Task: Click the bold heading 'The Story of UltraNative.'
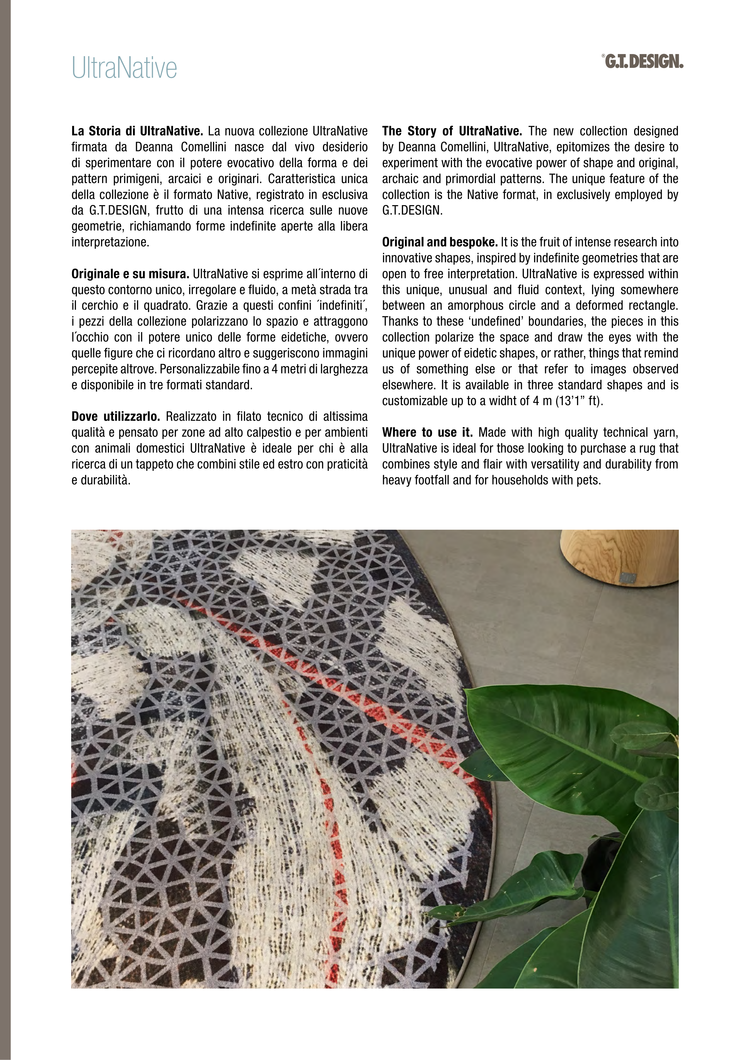(451, 131)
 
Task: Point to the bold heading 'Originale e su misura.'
(130, 274)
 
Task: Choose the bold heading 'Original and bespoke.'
(439, 242)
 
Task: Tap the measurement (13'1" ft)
(578, 401)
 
